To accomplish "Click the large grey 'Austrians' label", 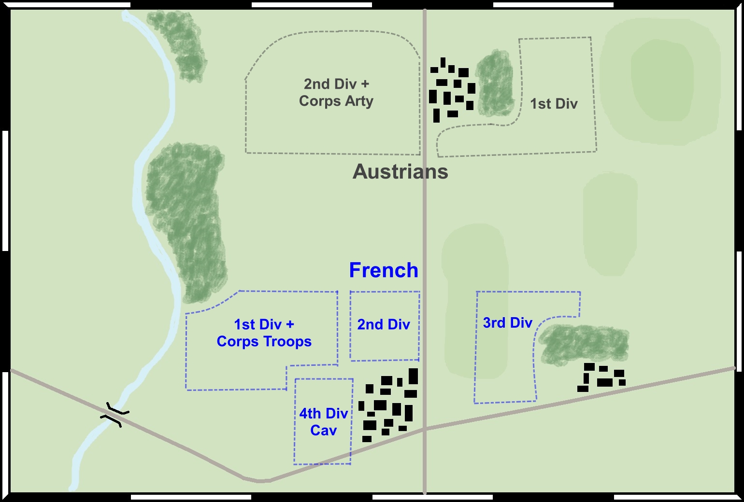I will pos(401,172).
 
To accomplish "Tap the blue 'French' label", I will pos(384,270).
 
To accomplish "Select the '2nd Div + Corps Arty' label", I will pos(336,92).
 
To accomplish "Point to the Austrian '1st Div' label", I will pos(554,104).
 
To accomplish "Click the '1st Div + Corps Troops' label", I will pos(264,333).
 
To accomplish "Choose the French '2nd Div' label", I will pos(384,324).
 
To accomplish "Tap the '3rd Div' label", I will pos(508,322).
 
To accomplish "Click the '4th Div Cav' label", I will pos(323,421).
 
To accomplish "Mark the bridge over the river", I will pos(115,414).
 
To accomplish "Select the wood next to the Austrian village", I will pos(495,83).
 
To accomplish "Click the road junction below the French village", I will pos(425,428).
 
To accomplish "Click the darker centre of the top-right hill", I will pos(661,80).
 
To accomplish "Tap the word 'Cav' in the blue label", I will pos(323,430).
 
